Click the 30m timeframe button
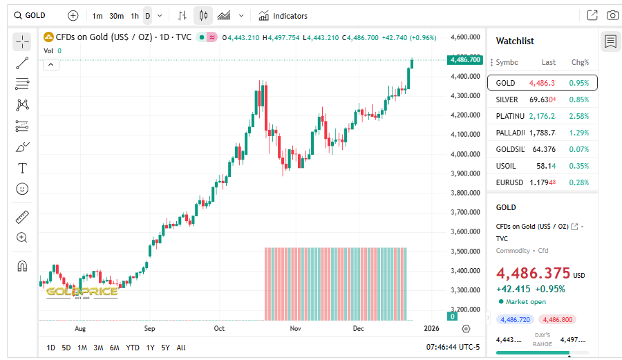(x=116, y=16)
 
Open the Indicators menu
(x=283, y=16)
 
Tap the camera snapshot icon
(x=612, y=15)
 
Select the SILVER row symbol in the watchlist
(x=507, y=100)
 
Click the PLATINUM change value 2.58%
(x=578, y=116)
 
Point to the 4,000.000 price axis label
(x=464, y=154)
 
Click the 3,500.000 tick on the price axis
(x=464, y=251)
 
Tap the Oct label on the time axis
(x=220, y=329)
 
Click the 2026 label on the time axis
(x=431, y=329)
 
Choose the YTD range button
(x=133, y=348)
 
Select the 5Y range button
(x=165, y=348)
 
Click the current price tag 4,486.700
(x=464, y=60)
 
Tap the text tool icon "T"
(x=22, y=168)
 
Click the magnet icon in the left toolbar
(x=22, y=266)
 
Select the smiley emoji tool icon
(x=22, y=189)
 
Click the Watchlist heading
(x=515, y=41)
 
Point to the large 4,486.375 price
(x=533, y=273)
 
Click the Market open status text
(x=527, y=302)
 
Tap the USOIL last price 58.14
(x=546, y=166)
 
